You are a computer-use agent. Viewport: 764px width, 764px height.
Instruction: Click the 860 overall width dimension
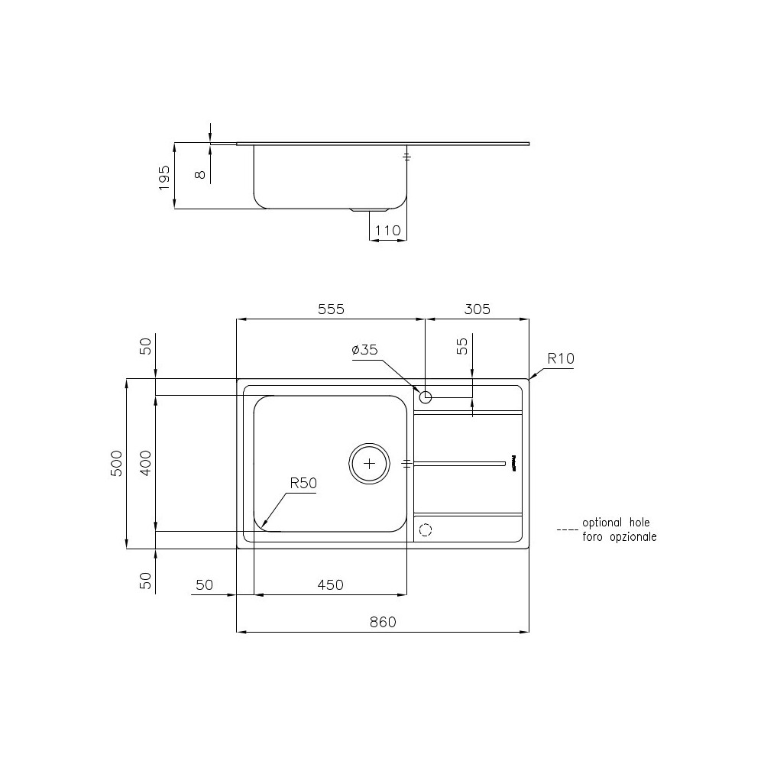[x=383, y=622]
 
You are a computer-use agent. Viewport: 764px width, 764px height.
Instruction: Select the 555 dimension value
[x=332, y=309]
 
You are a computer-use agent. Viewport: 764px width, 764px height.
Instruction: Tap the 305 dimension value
[x=476, y=309]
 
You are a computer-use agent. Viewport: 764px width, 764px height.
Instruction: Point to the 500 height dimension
[x=117, y=464]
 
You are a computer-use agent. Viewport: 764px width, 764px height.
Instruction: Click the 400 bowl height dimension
[x=147, y=464]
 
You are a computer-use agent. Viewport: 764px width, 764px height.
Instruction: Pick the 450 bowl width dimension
[x=330, y=584]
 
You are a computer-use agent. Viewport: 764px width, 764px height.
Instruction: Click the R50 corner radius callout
[x=303, y=483]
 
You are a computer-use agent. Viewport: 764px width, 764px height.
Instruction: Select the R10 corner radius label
[x=560, y=358]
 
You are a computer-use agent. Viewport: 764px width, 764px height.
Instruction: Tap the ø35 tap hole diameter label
[x=364, y=350]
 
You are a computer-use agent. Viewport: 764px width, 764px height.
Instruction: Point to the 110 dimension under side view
[x=388, y=230]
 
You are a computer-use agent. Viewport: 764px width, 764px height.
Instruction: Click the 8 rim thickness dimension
[x=200, y=174]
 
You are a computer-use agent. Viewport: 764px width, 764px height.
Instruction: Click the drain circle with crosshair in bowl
[x=370, y=463]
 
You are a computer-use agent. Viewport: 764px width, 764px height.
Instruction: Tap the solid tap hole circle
[x=426, y=397]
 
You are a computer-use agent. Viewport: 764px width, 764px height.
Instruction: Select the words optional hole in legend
[x=616, y=523]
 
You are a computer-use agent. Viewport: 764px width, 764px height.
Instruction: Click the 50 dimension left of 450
[x=204, y=584]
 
